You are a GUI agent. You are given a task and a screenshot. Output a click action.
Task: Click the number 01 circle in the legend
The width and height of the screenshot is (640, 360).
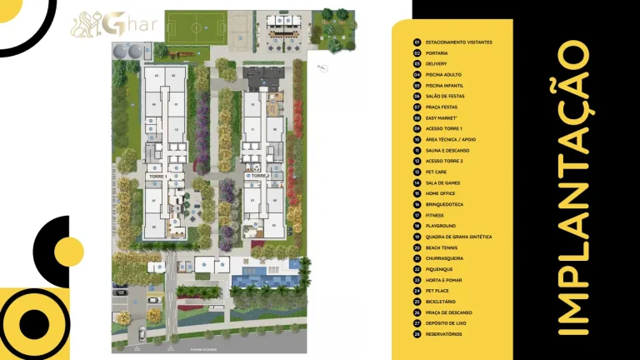417,42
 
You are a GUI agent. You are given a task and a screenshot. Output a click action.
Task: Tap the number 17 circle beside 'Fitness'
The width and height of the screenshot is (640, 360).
417,215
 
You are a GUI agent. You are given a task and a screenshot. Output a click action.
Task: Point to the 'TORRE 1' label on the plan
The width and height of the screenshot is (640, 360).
157,177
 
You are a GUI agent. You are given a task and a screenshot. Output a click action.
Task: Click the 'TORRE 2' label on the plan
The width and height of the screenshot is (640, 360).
258,177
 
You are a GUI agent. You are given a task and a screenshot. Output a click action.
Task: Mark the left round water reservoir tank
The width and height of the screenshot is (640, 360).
120,52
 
